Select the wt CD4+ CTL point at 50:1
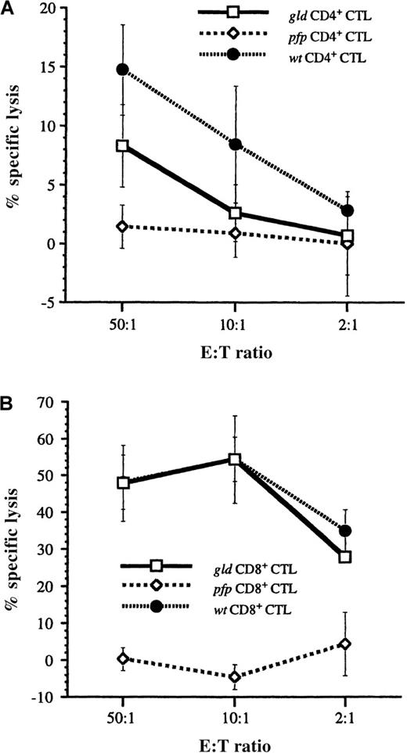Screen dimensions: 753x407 (122, 70)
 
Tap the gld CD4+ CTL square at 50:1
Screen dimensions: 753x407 (122, 145)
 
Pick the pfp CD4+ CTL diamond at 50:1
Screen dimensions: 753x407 (122, 226)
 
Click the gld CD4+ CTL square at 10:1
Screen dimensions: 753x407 (235, 213)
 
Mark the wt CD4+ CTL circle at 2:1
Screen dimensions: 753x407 (348, 210)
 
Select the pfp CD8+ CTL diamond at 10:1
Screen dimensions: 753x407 (235, 676)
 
